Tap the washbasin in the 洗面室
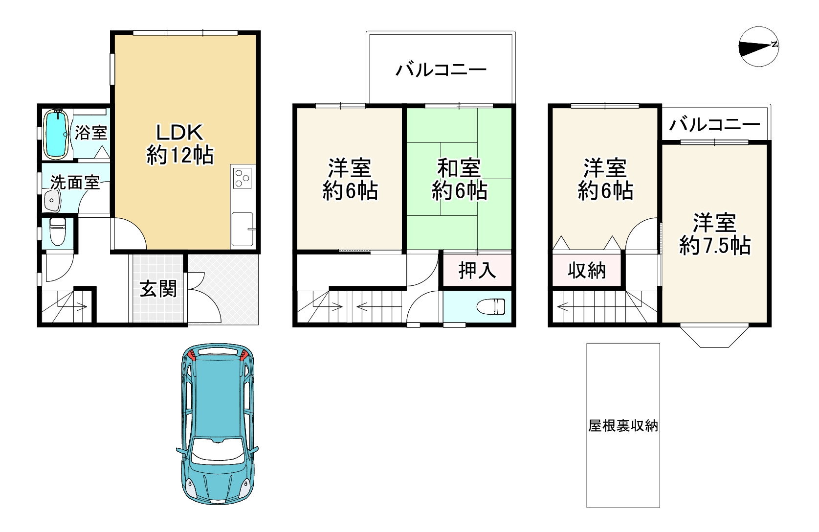[x=52, y=201]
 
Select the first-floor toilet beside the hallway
[x=57, y=231]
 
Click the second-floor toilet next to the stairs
[x=491, y=306]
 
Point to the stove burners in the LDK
[x=242, y=178]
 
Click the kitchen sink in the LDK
[x=243, y=229]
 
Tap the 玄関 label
[x=158, y=289]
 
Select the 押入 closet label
[x=477, y=270]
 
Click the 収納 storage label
[x=586, y=270]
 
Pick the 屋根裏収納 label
[x=623, y=425]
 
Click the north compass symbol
[x=759, y=46]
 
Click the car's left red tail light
[x=191, y=354]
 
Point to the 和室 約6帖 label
[x=459, y=179]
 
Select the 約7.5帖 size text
[x=715, y=246]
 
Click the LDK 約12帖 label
[x=180, y=144]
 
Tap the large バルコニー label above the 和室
[x=441, y=69]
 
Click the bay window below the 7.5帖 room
[x=714, y=336]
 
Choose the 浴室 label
[x=91, y=133]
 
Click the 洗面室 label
[x=75, y=182]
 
